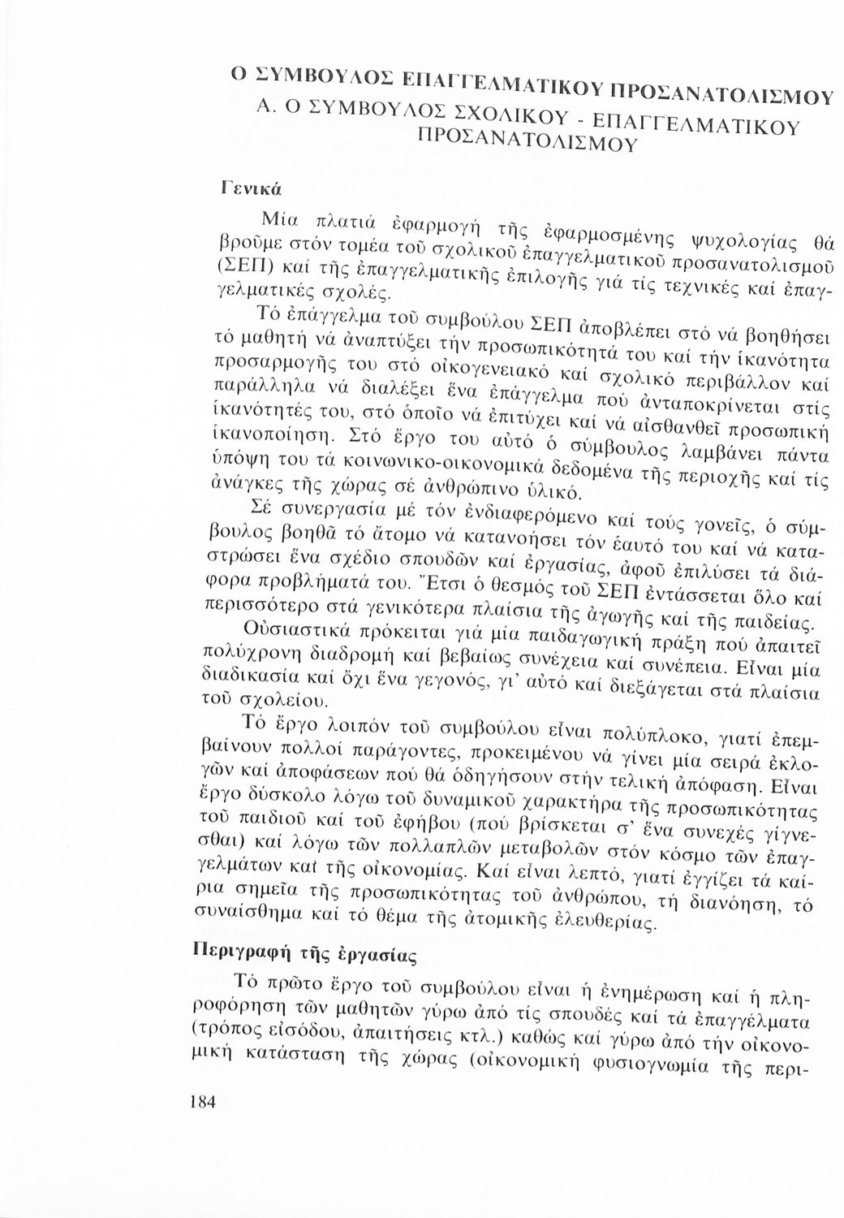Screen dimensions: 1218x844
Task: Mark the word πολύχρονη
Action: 239,650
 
